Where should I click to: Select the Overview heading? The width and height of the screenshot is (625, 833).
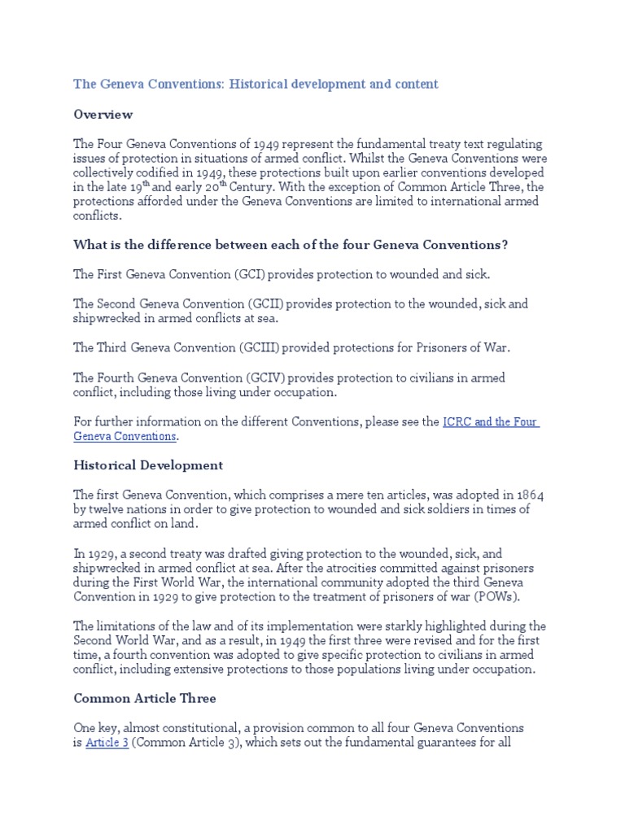coord(103,115)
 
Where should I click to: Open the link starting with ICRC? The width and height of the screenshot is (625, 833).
coord(490,422)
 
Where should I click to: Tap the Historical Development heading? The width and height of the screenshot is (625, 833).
coord(148,465)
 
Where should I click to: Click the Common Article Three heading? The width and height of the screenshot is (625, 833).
coord(144,698)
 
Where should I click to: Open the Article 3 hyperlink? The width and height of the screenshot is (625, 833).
coord(107,743)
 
